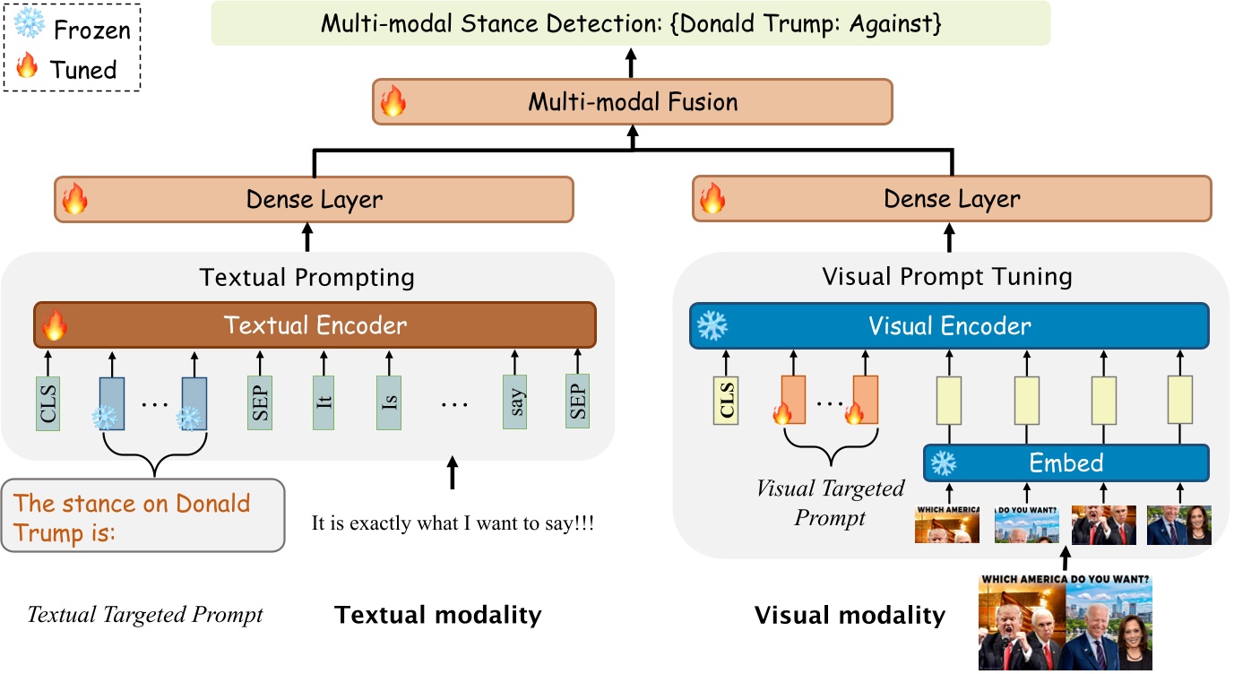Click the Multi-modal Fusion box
tap(633, 101)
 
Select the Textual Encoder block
tap(315, 324)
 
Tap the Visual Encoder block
tap(949, 326)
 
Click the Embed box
tap(1066, 463)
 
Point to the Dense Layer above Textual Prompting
tap(314, 199)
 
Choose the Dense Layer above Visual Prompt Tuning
tap(952, 199)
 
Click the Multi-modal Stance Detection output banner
tap(630, 24)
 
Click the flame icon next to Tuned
tap(28, 67)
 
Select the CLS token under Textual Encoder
tap(48, 402)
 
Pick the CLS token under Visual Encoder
tap(726, 401)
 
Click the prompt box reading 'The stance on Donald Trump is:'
tap(143, 515)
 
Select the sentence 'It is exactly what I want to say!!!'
tap(453, 523)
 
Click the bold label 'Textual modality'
tap(438, 615)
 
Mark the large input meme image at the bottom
tap(1065, 622)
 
